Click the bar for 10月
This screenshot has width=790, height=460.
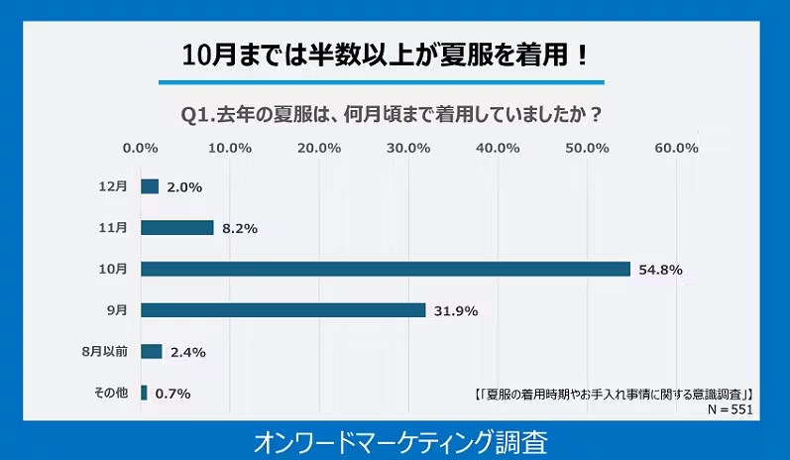pyautogui.click(x=386, y=269)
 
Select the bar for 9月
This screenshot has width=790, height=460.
pyautogui.click(x=283, y=310)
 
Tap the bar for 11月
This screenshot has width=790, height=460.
pyautogui.click(x=177, y=228)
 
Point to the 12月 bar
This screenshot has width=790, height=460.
pyautogui.click(x=150, y=186)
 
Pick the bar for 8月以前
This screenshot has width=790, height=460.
pyautogui.click(x=152, y=351)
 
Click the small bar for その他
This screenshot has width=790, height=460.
pyautogui.click(x=144, y=393)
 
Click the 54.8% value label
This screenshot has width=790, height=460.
pyautogui.click(x=658, y=270)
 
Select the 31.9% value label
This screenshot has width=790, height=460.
pyautogui.click(x=453, y=311)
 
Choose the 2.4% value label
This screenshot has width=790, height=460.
pyautogui.click(x=187, y=352)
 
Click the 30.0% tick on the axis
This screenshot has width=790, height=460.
pyautogui.click(x=408, y=148)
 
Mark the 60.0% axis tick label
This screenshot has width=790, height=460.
pyautogui.click(x=677, y=148)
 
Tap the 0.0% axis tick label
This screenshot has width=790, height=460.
pyautogui.click(x=141, y=148)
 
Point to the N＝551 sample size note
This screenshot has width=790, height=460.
pyautogui.click(x=731, y=408)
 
